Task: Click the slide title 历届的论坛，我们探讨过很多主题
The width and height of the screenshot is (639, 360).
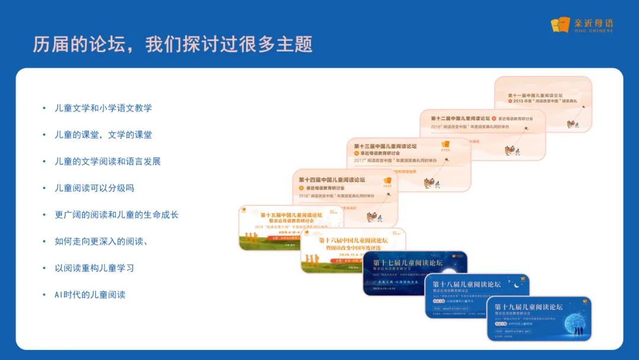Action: click(172, 44)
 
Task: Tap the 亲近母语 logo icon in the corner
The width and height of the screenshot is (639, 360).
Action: click(560, 25)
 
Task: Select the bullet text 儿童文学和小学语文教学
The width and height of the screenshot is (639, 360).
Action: click(104, 108)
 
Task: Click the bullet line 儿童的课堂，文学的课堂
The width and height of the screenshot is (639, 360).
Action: click(104, 134)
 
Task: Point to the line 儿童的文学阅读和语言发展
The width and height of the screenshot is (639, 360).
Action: click(108, 161)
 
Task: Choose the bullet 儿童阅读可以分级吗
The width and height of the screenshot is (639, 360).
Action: click(95, 188)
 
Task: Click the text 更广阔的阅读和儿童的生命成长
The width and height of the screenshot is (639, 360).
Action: click(117, 214)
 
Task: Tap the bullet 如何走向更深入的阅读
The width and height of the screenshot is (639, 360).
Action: click(101, 241)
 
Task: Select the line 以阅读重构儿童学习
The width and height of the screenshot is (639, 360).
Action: click(95, 268)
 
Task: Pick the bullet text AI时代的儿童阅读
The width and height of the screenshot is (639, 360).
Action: click(90, 294)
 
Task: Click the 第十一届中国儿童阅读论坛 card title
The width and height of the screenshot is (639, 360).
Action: click(535, 95)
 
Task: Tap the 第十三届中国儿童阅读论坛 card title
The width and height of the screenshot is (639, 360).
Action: click(385, 146)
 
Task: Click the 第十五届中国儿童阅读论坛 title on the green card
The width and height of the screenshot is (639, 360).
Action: click(291, 215)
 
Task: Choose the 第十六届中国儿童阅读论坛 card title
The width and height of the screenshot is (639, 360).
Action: click(353, 240)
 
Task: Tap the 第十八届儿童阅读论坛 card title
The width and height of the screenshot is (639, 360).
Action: click(466, 284)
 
